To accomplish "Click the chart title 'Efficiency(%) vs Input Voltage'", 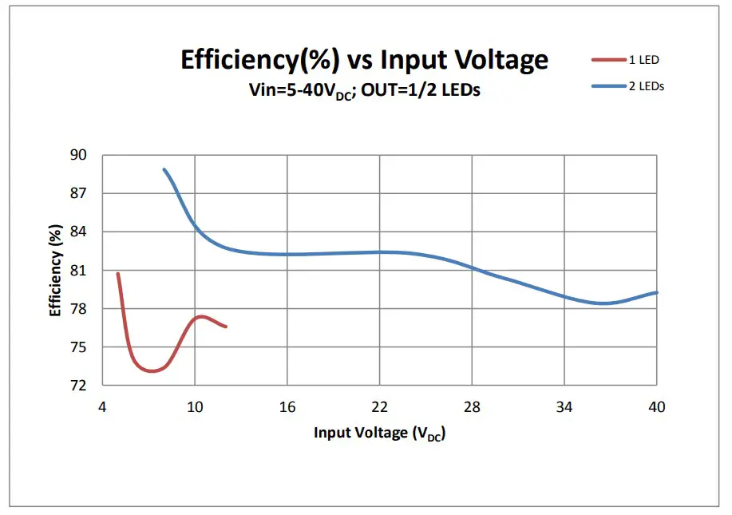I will [364, 61].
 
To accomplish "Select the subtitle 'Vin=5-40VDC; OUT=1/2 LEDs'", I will [365, 90].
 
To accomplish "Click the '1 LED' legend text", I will [643, 60].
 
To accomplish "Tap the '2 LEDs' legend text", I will [647, 86].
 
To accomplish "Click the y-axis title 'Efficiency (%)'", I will [56, 270].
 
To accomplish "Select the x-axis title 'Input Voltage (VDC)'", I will [379, 434].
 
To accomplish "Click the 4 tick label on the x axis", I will [102, 407].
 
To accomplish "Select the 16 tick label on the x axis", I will [287, 407].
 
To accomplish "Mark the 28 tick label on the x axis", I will [472, 407].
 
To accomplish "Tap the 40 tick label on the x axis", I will [656, 407].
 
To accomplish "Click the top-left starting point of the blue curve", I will [164, 169].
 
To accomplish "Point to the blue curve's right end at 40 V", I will [656, 292].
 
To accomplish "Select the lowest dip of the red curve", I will [151, 371].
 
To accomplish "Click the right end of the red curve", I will [226, 327].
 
